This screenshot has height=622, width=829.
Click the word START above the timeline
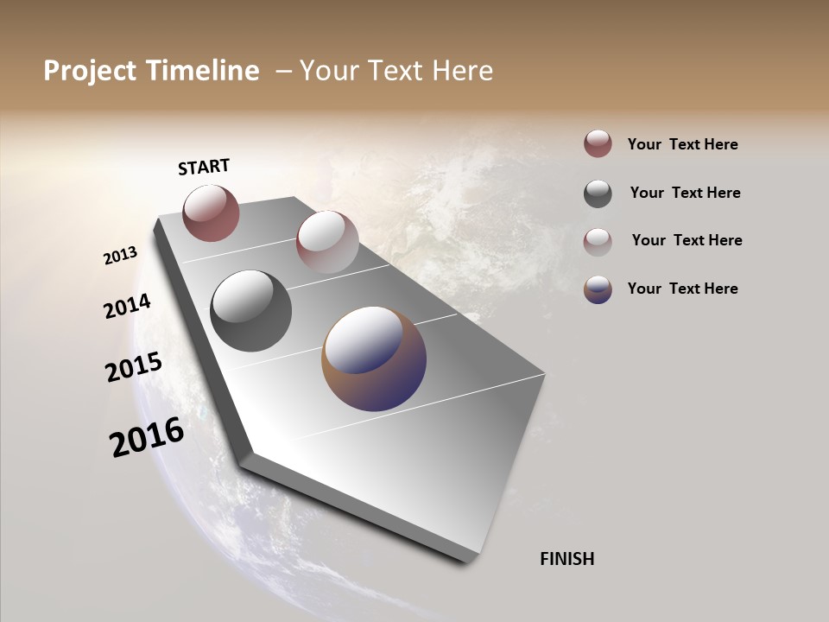204,167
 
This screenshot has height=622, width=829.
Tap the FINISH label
566,559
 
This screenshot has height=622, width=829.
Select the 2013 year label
120,256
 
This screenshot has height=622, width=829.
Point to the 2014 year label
127,307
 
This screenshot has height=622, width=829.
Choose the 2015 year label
134,367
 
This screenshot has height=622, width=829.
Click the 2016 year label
147,437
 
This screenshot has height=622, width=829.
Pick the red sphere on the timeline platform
211,213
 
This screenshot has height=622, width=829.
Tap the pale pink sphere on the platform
327,242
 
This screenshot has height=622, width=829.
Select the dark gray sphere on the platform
250,311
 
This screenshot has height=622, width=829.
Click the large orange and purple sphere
374,359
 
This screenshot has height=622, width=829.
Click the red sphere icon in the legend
598,144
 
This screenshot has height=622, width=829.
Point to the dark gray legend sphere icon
598,193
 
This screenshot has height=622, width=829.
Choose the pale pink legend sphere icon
598,241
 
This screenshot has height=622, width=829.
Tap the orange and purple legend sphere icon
598,289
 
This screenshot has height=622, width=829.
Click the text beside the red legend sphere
682,144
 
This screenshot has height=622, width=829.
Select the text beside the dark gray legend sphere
685,193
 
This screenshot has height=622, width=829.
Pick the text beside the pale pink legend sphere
687,240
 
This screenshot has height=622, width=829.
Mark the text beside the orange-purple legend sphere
682,289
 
